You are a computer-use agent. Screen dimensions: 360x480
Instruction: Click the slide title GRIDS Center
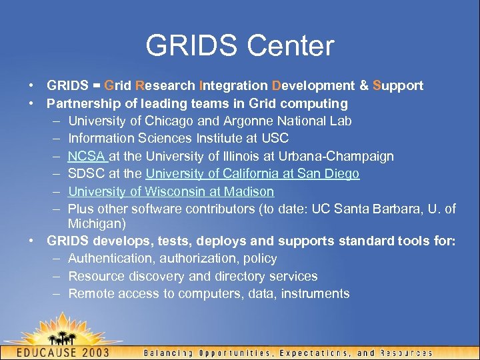tap(240, 45)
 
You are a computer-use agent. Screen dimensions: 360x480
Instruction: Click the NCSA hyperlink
tap(86, 156)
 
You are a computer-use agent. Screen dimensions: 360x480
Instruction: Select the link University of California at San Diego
tap(252, 174)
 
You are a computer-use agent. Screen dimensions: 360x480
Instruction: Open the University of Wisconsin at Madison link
tap(171, 191)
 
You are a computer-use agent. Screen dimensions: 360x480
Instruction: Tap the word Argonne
tap(233, 121)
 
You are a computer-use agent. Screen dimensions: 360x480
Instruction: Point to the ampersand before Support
tap(364, 85)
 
